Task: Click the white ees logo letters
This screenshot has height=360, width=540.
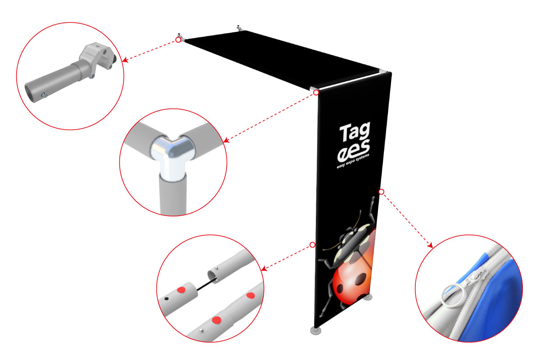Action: pyautogui.click(x=353, y=150)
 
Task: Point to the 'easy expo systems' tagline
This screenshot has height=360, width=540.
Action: pyautogui.click(x=353, y=161)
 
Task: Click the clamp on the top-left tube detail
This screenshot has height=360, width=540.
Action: pyautogui.click(x=98, y=58)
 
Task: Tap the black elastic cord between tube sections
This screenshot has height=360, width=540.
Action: pyautogui.click(x=206, y=284)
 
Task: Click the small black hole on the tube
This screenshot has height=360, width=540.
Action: pyautogui.click(x=166, y=299)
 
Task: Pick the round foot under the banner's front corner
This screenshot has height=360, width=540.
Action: pyautogui.click(x=316, y=330)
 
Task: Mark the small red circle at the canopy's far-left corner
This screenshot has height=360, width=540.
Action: pyautogui.click(x=178, y=40)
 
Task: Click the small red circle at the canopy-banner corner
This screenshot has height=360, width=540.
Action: pyautogui.click(x=316, y=92)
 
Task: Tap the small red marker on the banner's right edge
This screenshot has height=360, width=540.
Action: pyautogui.click(x=381, y=192)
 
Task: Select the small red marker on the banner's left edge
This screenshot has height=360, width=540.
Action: pyautogui.click(x=312, y=245)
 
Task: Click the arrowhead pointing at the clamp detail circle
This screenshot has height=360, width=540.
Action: pyautogui.click(x=125, y=60)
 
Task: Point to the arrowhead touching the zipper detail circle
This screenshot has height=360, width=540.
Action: pyautogui.click(x=430, y=245)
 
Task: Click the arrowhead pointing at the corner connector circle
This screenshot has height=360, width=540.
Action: pyautogui.click(x=226, y=140)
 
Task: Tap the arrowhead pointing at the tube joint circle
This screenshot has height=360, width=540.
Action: pyautogui.click(x=264, y=269)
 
